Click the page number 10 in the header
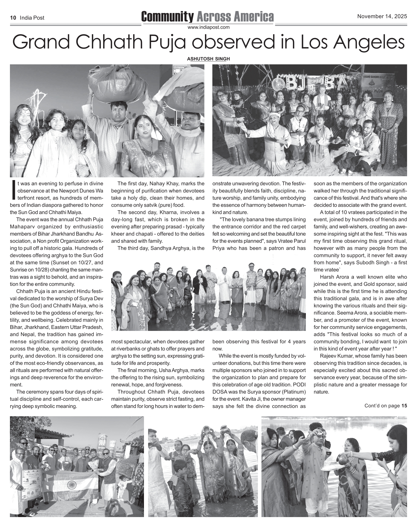[13, 18]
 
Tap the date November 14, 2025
[382, 16]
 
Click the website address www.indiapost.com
[208, 27]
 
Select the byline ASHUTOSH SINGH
[208, 59]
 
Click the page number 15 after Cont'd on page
[404, 406]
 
